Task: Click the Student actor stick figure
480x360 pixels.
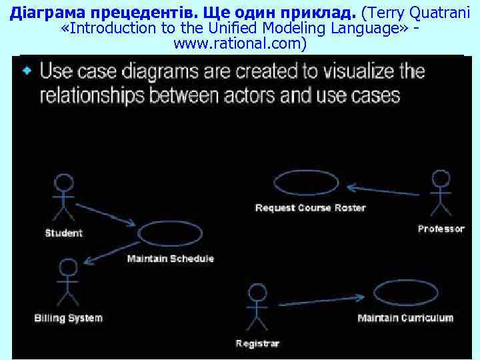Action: tap(64, 197)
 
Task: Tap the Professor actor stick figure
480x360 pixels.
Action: tap(441, 193)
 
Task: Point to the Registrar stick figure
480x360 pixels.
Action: tap(257, 307)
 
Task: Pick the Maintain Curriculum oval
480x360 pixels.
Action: tap(405, 294)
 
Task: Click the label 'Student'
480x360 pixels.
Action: tap(64, 233)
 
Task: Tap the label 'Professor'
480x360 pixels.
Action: tap(441, 229)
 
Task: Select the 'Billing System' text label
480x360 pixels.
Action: tap(69, 318)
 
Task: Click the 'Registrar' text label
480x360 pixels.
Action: tap(257, 343)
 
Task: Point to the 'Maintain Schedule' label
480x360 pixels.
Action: tap(171, 258)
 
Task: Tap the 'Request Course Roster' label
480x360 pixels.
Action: tap(311, 208)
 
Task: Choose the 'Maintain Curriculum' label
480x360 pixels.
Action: tap(405, 318)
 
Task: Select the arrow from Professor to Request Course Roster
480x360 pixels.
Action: tap(383, 189)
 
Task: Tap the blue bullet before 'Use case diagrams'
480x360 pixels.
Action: tap(27, 71)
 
